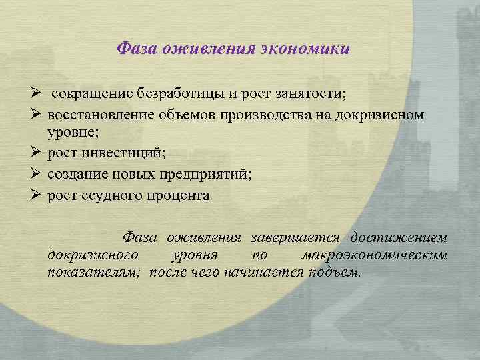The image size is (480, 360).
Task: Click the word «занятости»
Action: point(307,91)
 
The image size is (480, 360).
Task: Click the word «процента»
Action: point(176,195)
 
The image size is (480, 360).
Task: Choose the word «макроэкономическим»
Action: point(374,255)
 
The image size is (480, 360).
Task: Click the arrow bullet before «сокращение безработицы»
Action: point(35,91)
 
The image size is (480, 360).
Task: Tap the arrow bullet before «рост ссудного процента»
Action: point(35,195)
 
